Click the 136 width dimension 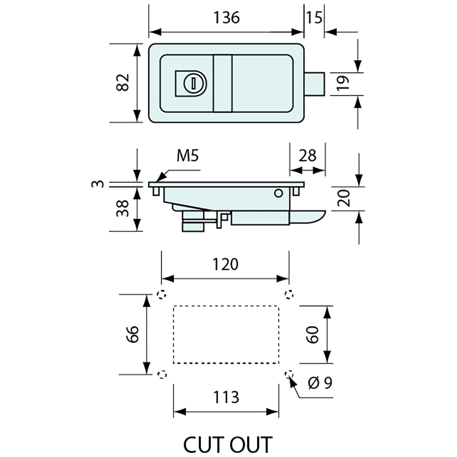click(x=226, y=17)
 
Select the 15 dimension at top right click(x=314, y=17)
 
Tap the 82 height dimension click(x=123, y=83)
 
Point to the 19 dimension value click(x=343, y=84)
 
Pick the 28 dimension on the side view click(x=307, y=155)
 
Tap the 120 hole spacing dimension click(x=225, y=264)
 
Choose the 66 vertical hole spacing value click(x=132, y=334)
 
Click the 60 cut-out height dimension click(x=312, y=334)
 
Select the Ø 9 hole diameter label click(x=321, y=383)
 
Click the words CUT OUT click(x=228, y=444)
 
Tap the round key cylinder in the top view click(x=193, y=82)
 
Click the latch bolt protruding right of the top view click(x=315, y=83)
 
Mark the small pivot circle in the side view click(x=278, y=193)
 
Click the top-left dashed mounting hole click(x=161, y=295)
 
